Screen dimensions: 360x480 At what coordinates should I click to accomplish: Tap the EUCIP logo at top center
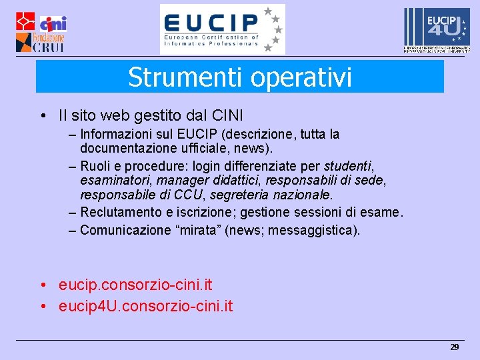pos(222,29)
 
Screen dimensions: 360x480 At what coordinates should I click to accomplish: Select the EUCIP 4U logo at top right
pos(436,30)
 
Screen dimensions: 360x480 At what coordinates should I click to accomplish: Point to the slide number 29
pos(455,347)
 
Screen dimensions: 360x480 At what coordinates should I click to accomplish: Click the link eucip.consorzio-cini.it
pos(135,285)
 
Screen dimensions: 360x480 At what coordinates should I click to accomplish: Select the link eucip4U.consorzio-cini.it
pos(145,307)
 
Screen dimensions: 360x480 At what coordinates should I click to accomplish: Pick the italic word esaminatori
pos(110,181)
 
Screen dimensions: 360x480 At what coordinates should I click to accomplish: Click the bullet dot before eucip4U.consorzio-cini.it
pos(42,307)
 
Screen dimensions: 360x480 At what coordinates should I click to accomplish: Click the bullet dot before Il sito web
pos(42,115)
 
